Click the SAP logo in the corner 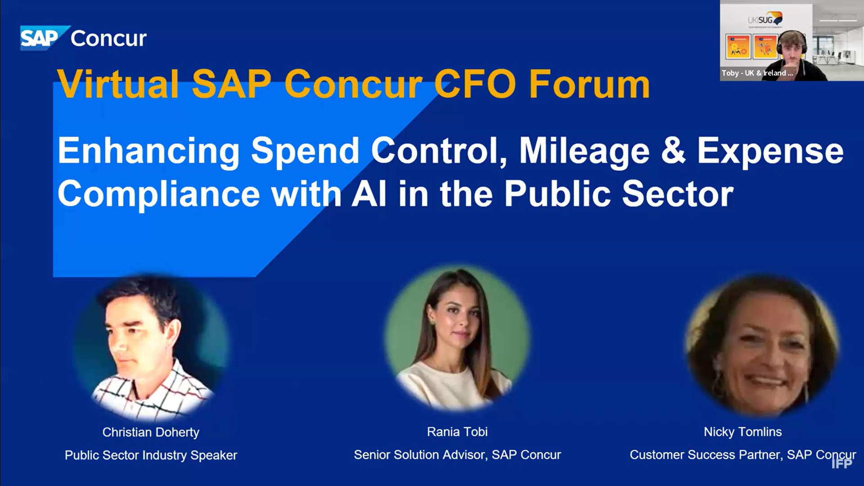pos(44,38)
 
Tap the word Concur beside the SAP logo pos(108,38)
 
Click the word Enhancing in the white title pos(148,152)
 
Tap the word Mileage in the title pos(585,152)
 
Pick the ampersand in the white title pos(673,151)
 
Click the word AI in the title pos(369,193)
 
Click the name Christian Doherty pos(151,432)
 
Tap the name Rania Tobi pos(457,432)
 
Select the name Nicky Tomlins pos(743,432)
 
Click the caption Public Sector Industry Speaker pos(151,455)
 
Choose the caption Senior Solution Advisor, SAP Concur pos(457,454)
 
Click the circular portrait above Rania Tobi pos(457,338)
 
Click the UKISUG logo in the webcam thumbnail pos(765,20)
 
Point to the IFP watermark pos(842,463)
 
